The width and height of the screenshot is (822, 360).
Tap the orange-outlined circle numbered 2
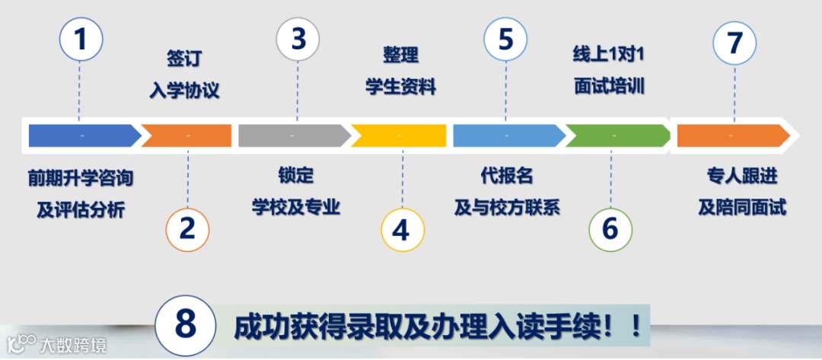click(187, 228)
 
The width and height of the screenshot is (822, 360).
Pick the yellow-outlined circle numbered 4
click(400, 228)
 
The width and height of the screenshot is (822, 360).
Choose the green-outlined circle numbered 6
click(610, 228)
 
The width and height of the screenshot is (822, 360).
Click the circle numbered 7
click(734, 42)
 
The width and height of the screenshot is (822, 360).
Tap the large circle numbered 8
click(186, 325)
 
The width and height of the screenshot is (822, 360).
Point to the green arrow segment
click(615, 135)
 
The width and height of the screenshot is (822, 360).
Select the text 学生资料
click(400, 87)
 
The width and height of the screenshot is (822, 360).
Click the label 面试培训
click(610, 86)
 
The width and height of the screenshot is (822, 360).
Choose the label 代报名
click(506, 176)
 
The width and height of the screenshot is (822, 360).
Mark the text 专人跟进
click(742, 176)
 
